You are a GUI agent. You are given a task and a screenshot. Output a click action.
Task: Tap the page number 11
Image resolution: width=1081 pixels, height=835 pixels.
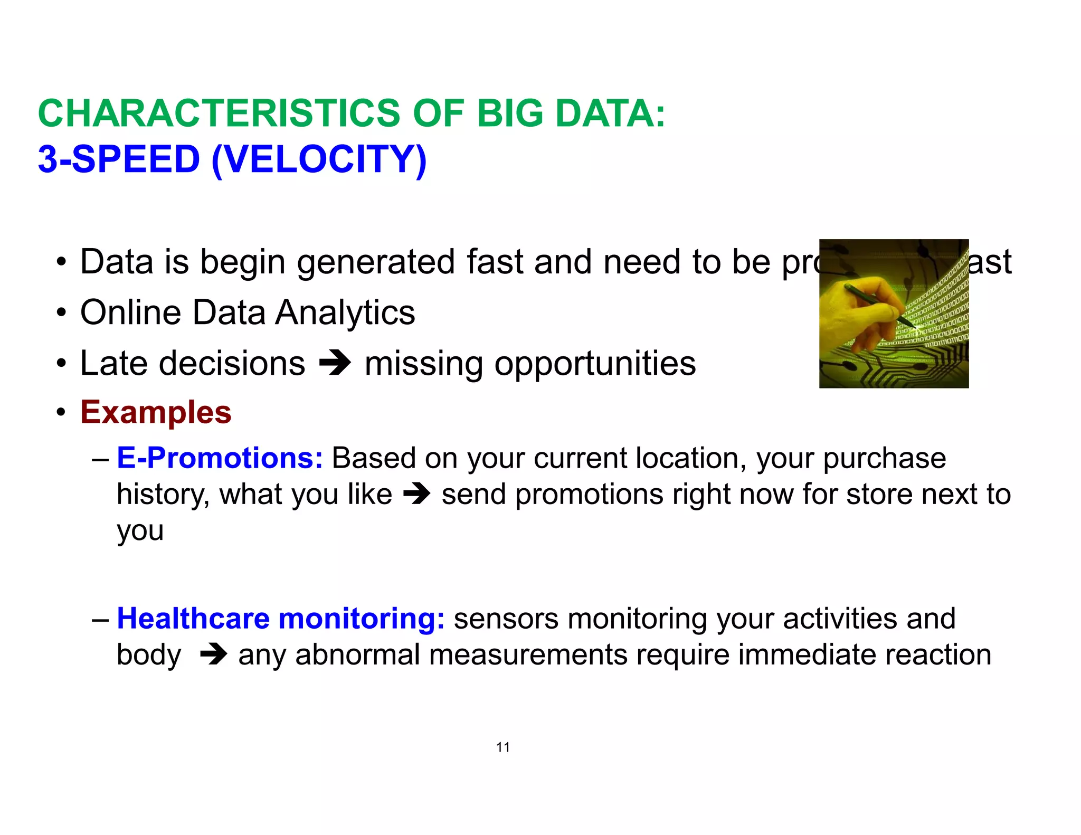click(502, 747)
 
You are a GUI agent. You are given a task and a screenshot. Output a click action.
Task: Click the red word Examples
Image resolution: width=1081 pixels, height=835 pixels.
click(156, 412)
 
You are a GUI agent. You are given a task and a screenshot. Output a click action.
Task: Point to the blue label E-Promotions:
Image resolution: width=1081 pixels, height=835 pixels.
click(220, 458)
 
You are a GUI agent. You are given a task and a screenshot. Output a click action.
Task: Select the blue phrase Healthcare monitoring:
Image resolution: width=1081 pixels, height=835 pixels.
click(280, 618)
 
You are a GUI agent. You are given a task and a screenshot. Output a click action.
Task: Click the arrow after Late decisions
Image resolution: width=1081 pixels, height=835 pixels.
click(335, 363)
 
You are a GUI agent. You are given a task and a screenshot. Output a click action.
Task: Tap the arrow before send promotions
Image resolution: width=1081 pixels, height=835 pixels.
click(417, 495)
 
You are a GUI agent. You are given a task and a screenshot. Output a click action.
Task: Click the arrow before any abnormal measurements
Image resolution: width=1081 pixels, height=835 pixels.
click(214, 655)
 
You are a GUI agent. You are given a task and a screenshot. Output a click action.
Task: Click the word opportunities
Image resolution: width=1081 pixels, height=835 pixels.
click(595, 364)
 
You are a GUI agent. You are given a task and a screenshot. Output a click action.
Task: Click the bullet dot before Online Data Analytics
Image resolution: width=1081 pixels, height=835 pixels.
click(62, 312)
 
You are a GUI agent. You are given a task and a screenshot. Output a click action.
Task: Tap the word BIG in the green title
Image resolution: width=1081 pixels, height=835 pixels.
click(509, 113)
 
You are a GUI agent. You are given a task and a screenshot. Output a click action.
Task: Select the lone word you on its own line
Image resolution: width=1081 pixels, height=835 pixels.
click(140, 531)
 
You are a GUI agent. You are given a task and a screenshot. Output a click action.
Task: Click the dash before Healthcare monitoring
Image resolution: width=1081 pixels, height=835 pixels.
click(100, 619)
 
